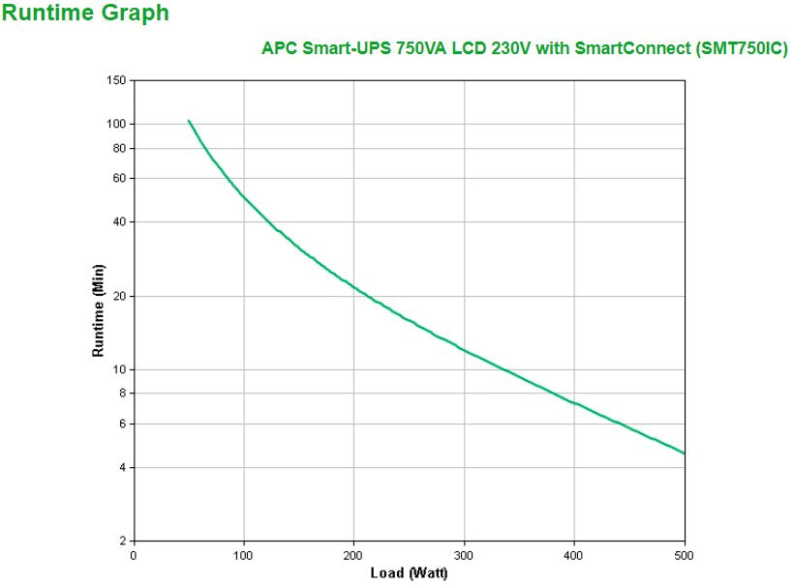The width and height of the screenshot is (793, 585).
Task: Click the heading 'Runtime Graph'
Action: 85,14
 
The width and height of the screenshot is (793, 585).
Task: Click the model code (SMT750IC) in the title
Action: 742,48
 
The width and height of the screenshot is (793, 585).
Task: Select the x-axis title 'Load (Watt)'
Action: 409,573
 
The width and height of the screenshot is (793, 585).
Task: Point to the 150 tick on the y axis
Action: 116,80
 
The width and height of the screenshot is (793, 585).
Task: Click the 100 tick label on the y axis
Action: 116,124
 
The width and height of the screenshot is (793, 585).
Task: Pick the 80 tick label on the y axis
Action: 119,148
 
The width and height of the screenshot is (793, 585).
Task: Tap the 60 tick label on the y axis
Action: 119,179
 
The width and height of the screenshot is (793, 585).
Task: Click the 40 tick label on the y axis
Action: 119,222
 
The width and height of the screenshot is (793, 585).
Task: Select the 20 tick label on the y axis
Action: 119,296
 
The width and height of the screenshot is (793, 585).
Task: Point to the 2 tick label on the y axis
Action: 122,541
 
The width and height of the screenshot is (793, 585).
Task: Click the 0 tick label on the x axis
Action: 134,556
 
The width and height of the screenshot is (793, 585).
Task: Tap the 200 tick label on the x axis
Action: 353,556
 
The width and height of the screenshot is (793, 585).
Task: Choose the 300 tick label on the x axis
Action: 464,556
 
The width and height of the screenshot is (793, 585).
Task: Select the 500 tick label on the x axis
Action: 685,556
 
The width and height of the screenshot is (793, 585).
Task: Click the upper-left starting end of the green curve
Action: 189,121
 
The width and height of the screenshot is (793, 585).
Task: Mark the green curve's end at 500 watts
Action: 684,453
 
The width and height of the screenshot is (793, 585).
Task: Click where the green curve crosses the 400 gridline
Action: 574,401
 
